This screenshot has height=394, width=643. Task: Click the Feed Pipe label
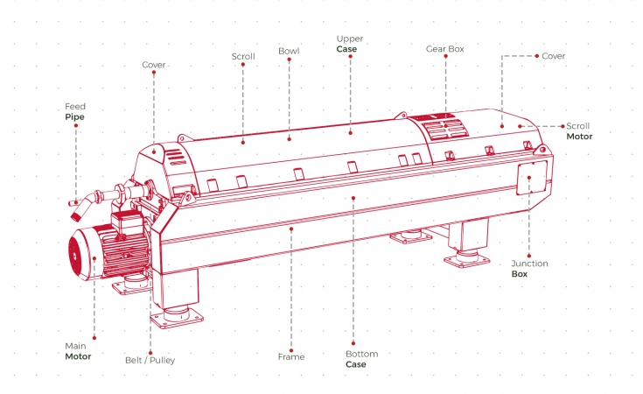click(75, 112)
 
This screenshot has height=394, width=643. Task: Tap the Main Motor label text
click(78, 351)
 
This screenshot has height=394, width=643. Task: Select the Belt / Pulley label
click(150, 361)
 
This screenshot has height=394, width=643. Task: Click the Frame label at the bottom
click(291, 356)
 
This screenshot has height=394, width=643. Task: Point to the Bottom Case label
click(361, 359)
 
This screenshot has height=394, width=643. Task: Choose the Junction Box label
click(529, 269)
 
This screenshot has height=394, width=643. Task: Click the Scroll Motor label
click(579, 131)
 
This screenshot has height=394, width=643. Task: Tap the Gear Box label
click(445, 49)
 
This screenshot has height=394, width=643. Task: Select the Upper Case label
click(350, 44)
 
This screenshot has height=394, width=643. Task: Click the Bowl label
click(289, 51)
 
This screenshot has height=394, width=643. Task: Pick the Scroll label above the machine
click(243, 56)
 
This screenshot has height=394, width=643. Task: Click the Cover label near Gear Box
click(553, 56)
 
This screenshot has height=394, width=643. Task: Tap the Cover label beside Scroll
click(154, 65)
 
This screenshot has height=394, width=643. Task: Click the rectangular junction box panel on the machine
click(532, 177)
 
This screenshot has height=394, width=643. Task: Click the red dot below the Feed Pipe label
click(76, 125)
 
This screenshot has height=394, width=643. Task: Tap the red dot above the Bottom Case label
click(353, 343)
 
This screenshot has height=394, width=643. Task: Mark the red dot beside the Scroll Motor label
click(563, 126)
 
